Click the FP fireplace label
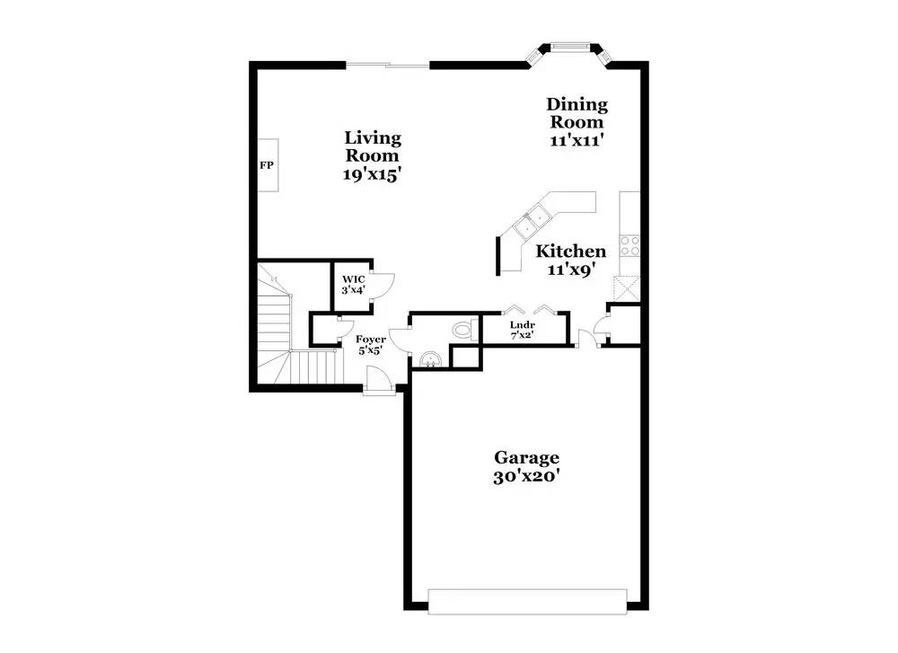(x=267, y=165)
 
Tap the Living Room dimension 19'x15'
(x=371, y=174)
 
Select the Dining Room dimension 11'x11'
(x=577, y=140)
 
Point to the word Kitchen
(x=570, y=251)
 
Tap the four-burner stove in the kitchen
(x=630, y=246)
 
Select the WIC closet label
(x=353, y=279)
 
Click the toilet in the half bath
(x=463, y=330)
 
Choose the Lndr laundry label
(x=523, y=325)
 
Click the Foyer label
(x=371, y=340)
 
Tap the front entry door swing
(x=378, y=379)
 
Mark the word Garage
(x=526, y=458)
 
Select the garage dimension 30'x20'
(x=526, y=476)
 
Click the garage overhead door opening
(x=527, y=602)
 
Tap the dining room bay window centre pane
(x=570, y=46)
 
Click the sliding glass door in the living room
(x=388, y=65)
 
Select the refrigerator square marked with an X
(x=627, y=288)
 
